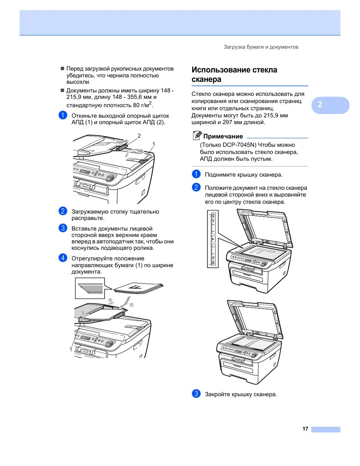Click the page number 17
[x=305, y=429]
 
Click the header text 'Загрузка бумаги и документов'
[x=261, y=47]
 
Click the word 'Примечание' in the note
[x=223, y=137]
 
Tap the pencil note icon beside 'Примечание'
[x=197, y=135]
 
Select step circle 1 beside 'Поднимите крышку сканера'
[x=196, y=174]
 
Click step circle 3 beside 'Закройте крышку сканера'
[x=196, y=394]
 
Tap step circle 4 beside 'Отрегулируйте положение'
[x=63, y=258]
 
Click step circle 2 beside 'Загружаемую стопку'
[x=63, y=211]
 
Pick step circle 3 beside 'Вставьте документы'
[x=63, y=228]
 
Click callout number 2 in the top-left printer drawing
[x=139, y=136]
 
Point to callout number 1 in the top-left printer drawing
[x=154, y=144]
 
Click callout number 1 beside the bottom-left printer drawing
[x=71, y=349]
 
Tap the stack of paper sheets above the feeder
[x=138, y=288]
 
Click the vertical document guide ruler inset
[x=213, y=239]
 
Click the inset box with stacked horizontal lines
[x=90, y=288]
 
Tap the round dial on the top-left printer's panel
[x=110, y=178]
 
